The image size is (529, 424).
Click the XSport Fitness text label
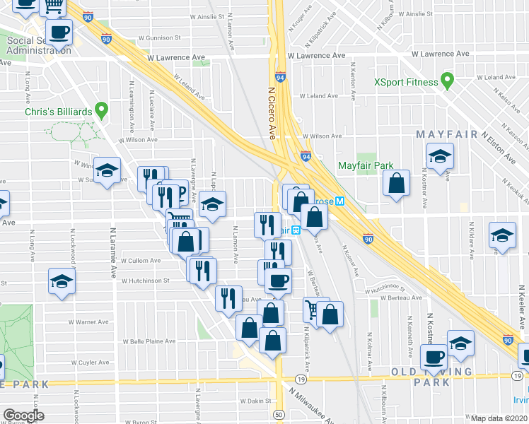pos(405,82)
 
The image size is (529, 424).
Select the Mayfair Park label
pos(365,166)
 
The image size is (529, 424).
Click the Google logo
pos(23,416)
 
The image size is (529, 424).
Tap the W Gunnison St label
pos(159,37)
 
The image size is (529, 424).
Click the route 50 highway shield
pos(279,415)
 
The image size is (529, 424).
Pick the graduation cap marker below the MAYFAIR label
pos(440,157)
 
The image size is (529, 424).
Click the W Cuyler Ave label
pos(88,363)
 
